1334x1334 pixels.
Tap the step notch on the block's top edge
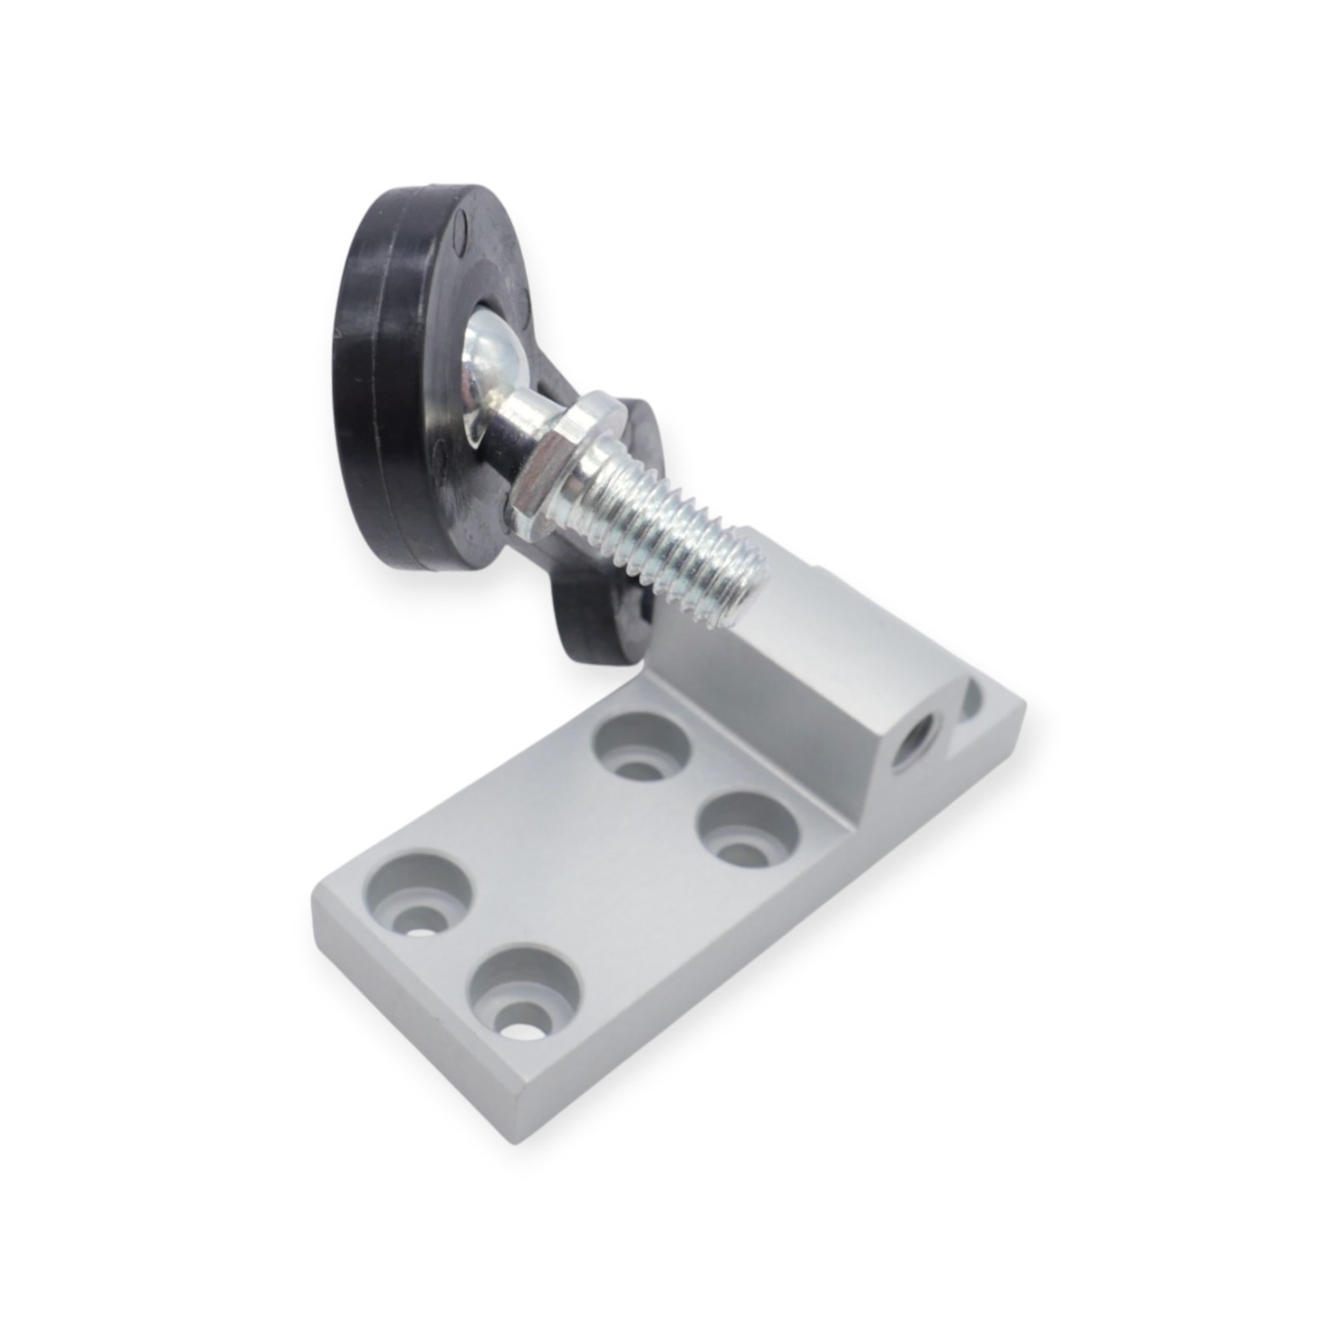pos(821,575)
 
